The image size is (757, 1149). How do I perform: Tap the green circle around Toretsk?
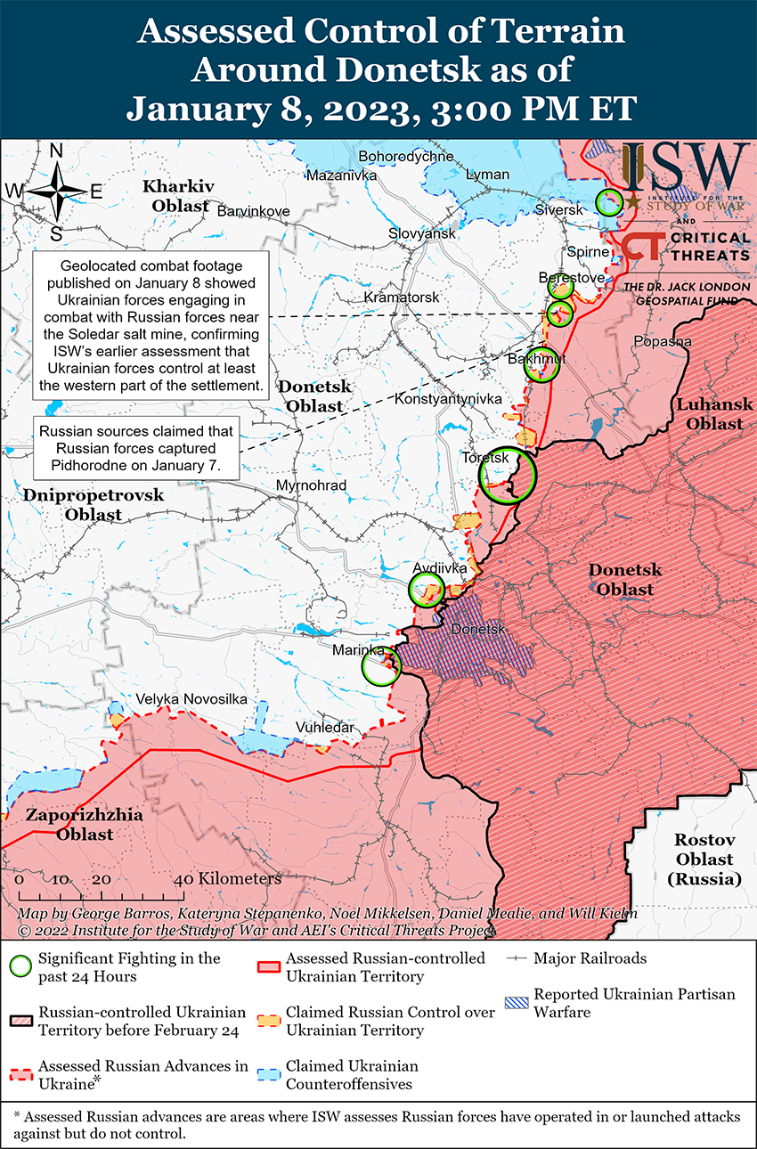[x=508, y=476]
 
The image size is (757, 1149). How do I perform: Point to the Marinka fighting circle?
[x=381, y=666]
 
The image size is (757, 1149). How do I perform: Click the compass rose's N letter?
[x=55, y=151]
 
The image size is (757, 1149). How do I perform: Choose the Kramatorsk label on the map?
[x=403, y=296]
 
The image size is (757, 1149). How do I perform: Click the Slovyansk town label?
[x=421, y=233]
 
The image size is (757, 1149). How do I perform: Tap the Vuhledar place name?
[x=326, y=727]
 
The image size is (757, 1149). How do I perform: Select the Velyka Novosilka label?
[x=191, y=699]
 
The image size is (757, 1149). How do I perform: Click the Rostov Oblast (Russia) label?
[x=704, y=860]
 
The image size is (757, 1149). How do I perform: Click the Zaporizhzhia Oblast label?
[x=70, y=825]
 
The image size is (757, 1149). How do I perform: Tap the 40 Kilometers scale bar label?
[x=231, y=878]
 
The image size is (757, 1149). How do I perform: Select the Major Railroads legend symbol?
[x=517, y=958]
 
